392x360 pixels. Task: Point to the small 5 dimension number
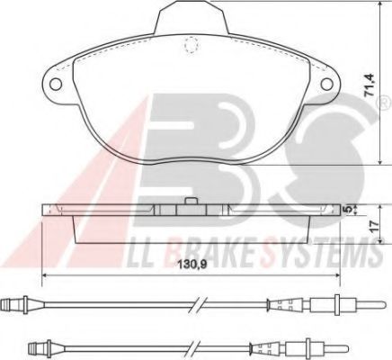click(351, 209)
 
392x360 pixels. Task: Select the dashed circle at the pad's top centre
click(188, 45)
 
